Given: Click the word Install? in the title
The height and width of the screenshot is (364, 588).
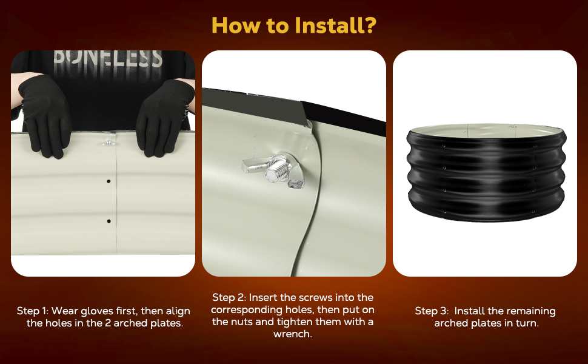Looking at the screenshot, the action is [335, 25].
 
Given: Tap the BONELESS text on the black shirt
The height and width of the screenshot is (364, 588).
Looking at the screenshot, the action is [108, 59].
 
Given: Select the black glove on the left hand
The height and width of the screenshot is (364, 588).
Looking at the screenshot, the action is [45, 115].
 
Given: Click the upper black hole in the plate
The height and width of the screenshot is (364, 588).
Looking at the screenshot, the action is [109, 181].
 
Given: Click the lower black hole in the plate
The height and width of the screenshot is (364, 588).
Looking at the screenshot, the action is [109, 221].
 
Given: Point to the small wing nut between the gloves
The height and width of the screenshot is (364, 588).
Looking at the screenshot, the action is [108, 143].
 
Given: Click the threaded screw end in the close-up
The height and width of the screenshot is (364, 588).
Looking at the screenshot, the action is [277, 170].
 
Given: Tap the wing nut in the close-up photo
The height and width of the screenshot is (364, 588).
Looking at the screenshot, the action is [273, 170].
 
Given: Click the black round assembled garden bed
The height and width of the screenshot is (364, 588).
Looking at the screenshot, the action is [486, 173].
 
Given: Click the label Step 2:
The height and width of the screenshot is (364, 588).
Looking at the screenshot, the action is [229, 298].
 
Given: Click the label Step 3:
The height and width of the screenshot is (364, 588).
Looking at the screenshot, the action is [432, 311].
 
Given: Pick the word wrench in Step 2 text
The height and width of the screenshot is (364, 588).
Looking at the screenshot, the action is [293, 334].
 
